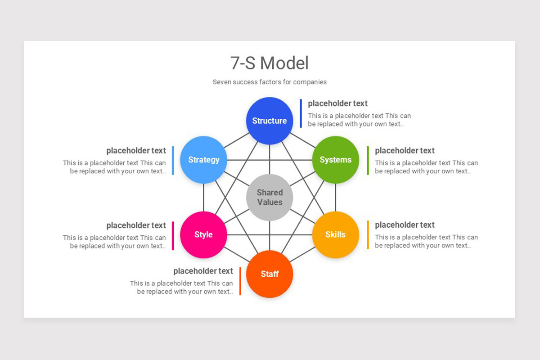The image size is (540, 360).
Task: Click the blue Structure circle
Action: click(270, 121)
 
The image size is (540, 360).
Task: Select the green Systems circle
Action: click(336, 160)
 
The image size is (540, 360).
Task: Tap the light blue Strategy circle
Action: click(203, 160)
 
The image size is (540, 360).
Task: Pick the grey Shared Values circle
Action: click(270, 198)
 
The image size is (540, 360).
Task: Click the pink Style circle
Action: click(203, 234)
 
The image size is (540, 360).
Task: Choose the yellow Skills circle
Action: click(336, 234)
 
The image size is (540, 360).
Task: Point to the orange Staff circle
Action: click(270, 274)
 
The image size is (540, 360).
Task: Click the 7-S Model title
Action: click(270, 63)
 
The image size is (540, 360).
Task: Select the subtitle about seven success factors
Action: click(270, 82)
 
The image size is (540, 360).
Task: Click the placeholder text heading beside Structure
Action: click(337, 103)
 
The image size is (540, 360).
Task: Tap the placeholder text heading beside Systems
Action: click(405, 151)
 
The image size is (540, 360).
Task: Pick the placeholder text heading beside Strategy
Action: click(136, 151)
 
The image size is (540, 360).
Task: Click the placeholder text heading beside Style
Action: click(136, 225)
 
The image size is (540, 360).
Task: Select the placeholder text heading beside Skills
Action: click(405, 225)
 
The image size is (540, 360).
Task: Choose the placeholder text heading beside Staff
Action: click(203, 271)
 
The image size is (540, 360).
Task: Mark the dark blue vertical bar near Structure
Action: click(301, 113)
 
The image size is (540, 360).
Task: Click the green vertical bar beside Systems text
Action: click(368, 161)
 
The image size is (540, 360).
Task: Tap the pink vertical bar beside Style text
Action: click(173, 235)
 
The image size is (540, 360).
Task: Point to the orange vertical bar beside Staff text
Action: click(240, 281)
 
